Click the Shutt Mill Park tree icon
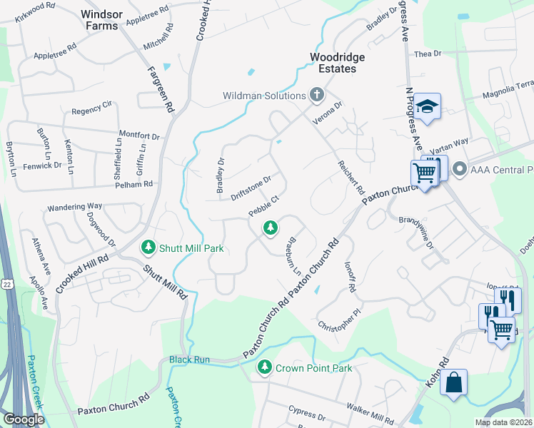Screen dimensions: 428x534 (148, 248)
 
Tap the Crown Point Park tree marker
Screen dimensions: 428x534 (265, 367)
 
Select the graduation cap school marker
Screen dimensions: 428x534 (428, 106)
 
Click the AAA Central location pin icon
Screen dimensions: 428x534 (460, 170)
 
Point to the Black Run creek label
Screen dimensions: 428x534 (189, 360)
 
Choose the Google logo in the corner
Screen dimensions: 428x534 (23, 419)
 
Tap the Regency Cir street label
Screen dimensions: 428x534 (92, 111)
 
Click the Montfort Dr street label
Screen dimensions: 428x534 (139, 135)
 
